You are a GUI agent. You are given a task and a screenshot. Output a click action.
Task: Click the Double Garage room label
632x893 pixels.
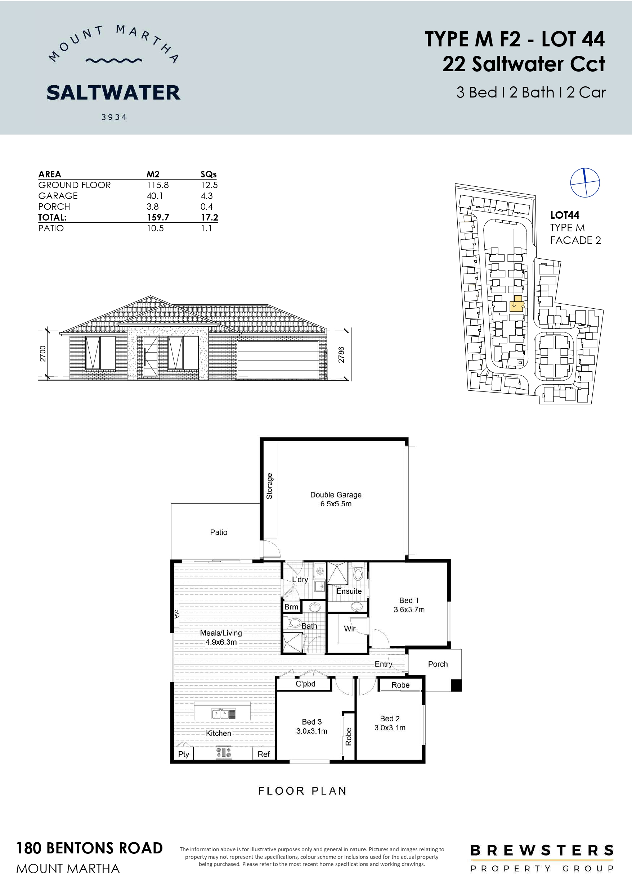click(336, 499)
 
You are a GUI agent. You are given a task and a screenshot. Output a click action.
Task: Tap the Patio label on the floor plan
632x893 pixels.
click(219, 532)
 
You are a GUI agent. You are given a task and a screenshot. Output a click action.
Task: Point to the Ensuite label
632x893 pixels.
click(349, 591)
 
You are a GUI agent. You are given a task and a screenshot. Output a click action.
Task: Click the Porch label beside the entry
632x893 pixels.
click(438, 664)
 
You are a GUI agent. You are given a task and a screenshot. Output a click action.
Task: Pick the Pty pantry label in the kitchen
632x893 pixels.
click(183, 754)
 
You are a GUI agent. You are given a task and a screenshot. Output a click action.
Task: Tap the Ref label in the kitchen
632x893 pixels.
click(264, 754)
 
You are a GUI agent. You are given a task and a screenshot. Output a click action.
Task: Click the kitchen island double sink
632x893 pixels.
click(220, 714)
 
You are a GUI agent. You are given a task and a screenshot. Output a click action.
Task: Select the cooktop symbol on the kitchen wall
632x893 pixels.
click(224, 753)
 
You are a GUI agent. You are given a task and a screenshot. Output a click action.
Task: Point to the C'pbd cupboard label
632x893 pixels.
click(305, 684)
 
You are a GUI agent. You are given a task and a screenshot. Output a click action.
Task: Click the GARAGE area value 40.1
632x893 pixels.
click(154, 196)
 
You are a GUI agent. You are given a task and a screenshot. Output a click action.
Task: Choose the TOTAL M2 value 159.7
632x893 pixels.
click(158, 217)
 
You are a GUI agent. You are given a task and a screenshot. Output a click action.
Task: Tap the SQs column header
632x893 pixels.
click(209, 174)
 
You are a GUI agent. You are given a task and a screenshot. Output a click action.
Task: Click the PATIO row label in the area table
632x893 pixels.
click(51, 228)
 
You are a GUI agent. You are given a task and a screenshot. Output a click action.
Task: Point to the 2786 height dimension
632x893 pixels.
click(341, 355)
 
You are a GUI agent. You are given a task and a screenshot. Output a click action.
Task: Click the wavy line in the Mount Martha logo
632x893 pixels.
click(114, 61)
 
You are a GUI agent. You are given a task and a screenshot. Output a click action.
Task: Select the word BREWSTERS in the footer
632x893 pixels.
click(542, 850)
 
